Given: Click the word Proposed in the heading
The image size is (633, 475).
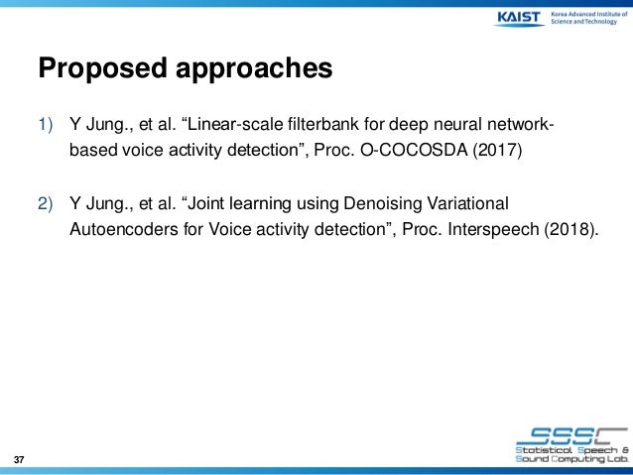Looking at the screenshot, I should click(94, 69).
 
